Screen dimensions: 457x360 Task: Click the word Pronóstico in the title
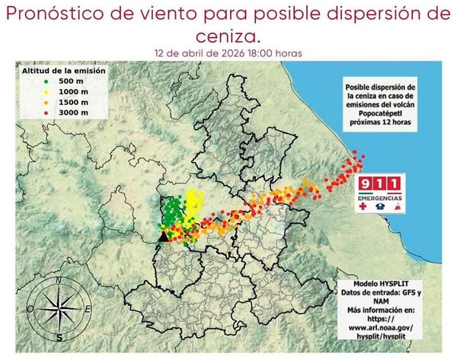tap(58, 15)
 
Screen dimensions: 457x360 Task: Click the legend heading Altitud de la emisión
tap(63, 70)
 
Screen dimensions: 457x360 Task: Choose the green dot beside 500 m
tap(46, 81)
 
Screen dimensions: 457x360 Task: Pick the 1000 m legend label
tap(75, 91)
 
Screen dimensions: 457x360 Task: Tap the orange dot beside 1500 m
tap(46, 101)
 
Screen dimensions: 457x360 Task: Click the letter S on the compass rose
tap(59, 336)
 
